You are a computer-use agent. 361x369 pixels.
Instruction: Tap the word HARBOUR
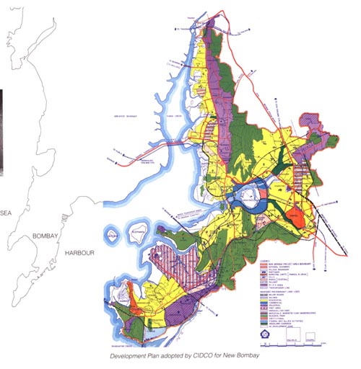pos(81,254)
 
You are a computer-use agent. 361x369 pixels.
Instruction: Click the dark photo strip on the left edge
pos(2,133)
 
